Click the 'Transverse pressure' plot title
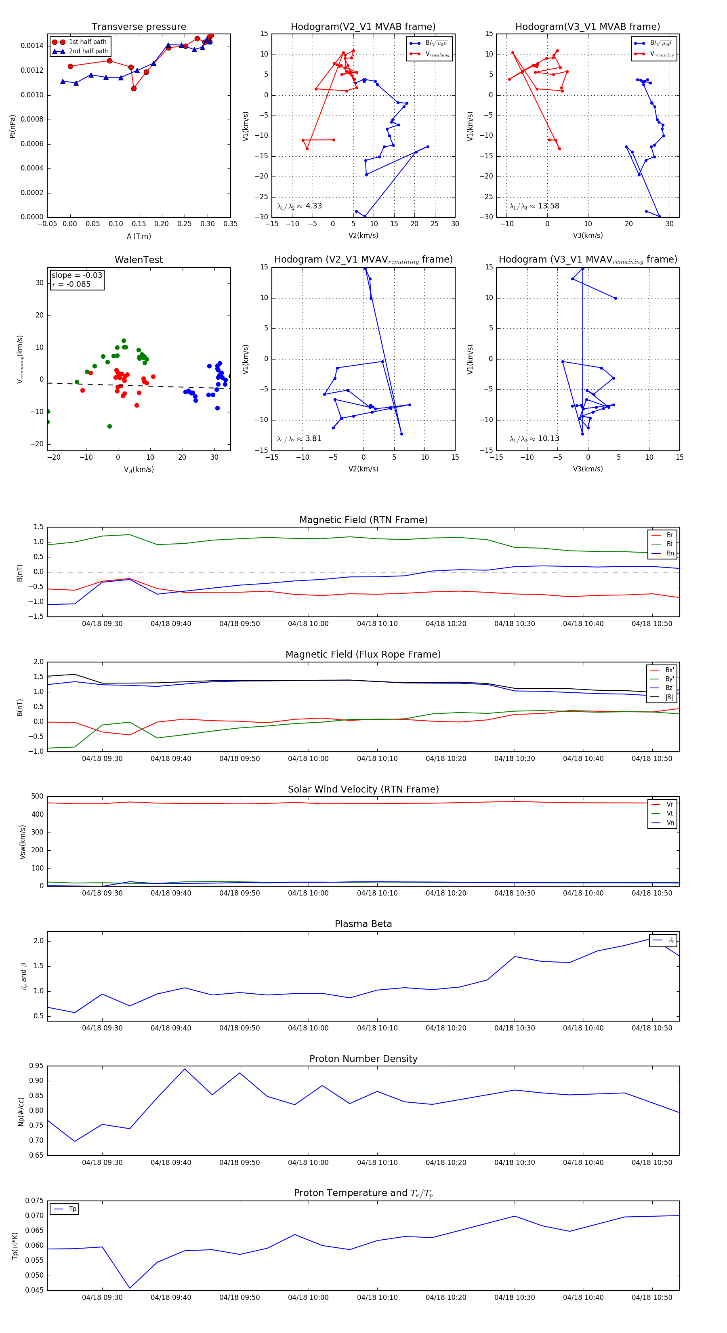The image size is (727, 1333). tap(139, 27)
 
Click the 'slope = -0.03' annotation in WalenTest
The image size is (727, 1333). tap(77, 275)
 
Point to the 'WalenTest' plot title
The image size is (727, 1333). tap(139, 260)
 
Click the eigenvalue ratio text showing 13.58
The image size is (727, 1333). tap(534, 206)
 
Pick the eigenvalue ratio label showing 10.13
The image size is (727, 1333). tap(534, 439)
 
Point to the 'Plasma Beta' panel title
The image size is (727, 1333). tap(363, 924)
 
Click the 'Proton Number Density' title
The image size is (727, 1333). tap(363, 1059)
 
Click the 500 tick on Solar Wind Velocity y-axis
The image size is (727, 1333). tap(37, 797)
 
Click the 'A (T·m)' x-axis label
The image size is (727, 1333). tap(139, 236)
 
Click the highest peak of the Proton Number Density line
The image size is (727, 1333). tap(185, 1069)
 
